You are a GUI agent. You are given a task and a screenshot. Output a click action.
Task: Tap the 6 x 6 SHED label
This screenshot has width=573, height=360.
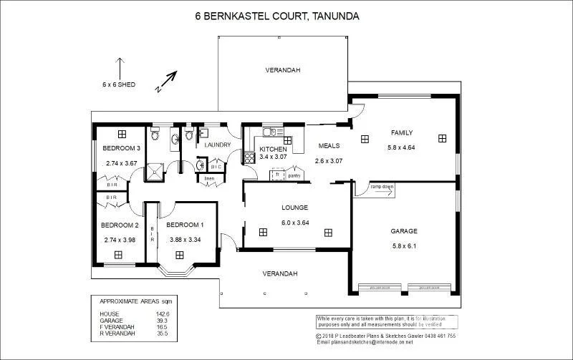click(118, 84)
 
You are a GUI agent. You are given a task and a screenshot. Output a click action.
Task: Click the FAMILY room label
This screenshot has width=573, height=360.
click(402, 132)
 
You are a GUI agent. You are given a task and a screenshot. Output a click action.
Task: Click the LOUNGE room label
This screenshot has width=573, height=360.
click(294, 208)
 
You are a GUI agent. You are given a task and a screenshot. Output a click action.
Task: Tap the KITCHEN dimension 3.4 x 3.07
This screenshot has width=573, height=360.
click(273, 157)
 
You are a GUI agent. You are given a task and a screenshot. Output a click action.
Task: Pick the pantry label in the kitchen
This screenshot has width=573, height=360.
click(294, 175)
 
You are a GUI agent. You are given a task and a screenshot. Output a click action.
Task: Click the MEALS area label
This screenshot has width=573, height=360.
click(329, 145)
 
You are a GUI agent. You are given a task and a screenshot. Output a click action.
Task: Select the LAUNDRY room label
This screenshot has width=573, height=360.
click(217, 145)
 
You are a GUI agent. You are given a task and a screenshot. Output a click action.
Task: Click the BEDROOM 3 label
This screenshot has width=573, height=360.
click(120, 148)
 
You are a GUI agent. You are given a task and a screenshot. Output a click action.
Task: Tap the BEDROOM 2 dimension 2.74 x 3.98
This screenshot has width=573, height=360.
click(120, 240)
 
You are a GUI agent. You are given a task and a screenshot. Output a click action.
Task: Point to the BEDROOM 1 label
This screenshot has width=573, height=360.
click(185, 225)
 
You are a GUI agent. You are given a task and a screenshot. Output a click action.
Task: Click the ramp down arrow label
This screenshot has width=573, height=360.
click(382, 188)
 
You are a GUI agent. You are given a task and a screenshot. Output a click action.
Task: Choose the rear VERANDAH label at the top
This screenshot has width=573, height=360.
click(282, 70)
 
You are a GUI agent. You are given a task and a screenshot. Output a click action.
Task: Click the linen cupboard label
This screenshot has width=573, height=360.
click(209, 177)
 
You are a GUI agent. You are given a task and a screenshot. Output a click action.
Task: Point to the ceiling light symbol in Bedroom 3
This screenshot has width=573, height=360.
click(122, 133)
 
